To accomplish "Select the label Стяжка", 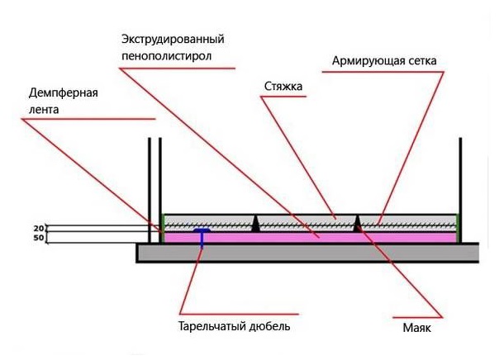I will (x=284, y=85).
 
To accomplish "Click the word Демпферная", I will (x=58, y=92).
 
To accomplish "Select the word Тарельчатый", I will (x=211, y=326).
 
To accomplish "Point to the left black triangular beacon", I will (x=257, y=224).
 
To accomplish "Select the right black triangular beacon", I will (x=358, y=223).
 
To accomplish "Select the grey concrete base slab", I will (x=306, y=253).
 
